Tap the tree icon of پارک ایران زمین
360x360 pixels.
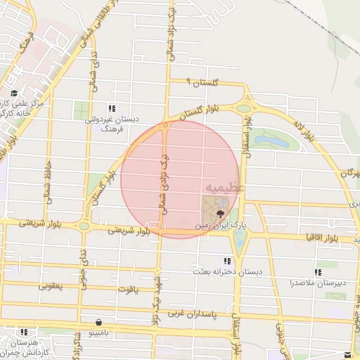pyautogui.click(x=221, y=212)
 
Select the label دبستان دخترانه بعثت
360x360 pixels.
pyautogui.click(x=224, y=271)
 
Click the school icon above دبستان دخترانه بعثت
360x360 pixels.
pyautogui.click(x=226, y=260)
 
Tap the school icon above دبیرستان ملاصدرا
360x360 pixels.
pyautogui.click(x=319, y=271)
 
